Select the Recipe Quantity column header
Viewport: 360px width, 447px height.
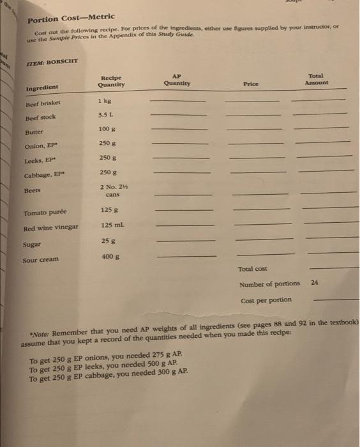(x=111, y=80)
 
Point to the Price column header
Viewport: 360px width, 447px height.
(x=250, y=83)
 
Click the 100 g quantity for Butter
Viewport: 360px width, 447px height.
(x=106, y=130)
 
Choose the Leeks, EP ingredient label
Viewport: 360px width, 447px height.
(x=39, y=162)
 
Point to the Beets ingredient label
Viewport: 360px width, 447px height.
(x=32, y=190)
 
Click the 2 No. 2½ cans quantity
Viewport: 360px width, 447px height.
(x=110, y=190)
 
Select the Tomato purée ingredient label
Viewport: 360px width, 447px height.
(x=45, y=213)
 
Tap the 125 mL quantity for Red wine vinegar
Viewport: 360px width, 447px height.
(x=110, y=225)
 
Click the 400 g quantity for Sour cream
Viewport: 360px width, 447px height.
(x=110, y=256)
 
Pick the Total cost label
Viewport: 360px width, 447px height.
(x=252, y=269)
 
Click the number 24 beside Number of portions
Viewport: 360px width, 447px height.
(x=314, y=282)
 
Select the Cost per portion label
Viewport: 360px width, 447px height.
(x=266, y=300)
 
